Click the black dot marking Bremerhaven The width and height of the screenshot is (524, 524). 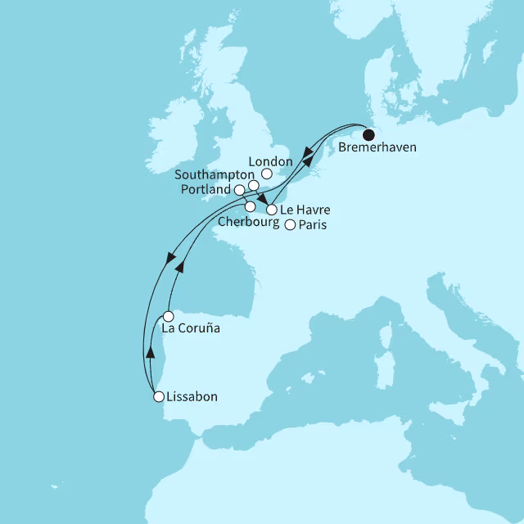click(x=368, y=135)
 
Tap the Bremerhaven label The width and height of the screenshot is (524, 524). click(x=377, y=149)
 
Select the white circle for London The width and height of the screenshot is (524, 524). click(x=267, y=174)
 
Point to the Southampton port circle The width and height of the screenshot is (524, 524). click(x=254, y=186)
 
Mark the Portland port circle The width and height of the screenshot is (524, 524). click(x=239, y=190)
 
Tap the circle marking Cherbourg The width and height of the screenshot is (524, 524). click(x=250, y=206)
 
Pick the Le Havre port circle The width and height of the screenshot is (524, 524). click(x=271, y=210)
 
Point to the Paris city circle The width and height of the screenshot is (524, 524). click(x=289, y=225)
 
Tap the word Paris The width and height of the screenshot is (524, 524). click(x=311, y=225)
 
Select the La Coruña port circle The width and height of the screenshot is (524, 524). click(x=167, y=316)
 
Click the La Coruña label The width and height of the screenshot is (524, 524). click(x=192, y=329)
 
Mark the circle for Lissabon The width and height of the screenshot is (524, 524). click(x=159, y=397)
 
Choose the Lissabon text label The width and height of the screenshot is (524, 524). click(x=192, y=397)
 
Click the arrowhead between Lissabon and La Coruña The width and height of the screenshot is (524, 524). click(x=150, y=352)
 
